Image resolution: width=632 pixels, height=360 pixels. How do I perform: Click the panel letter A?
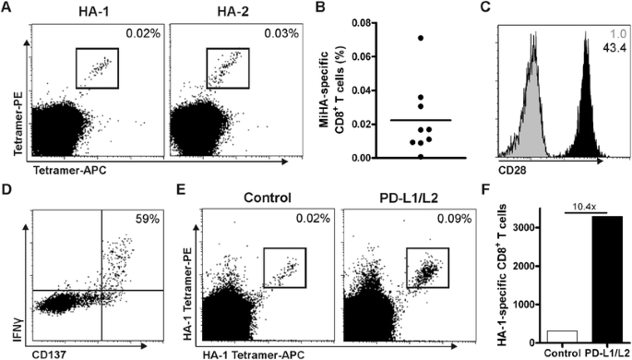tap(7, 9)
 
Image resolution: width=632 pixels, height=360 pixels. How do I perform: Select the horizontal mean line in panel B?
tap(395, 120)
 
